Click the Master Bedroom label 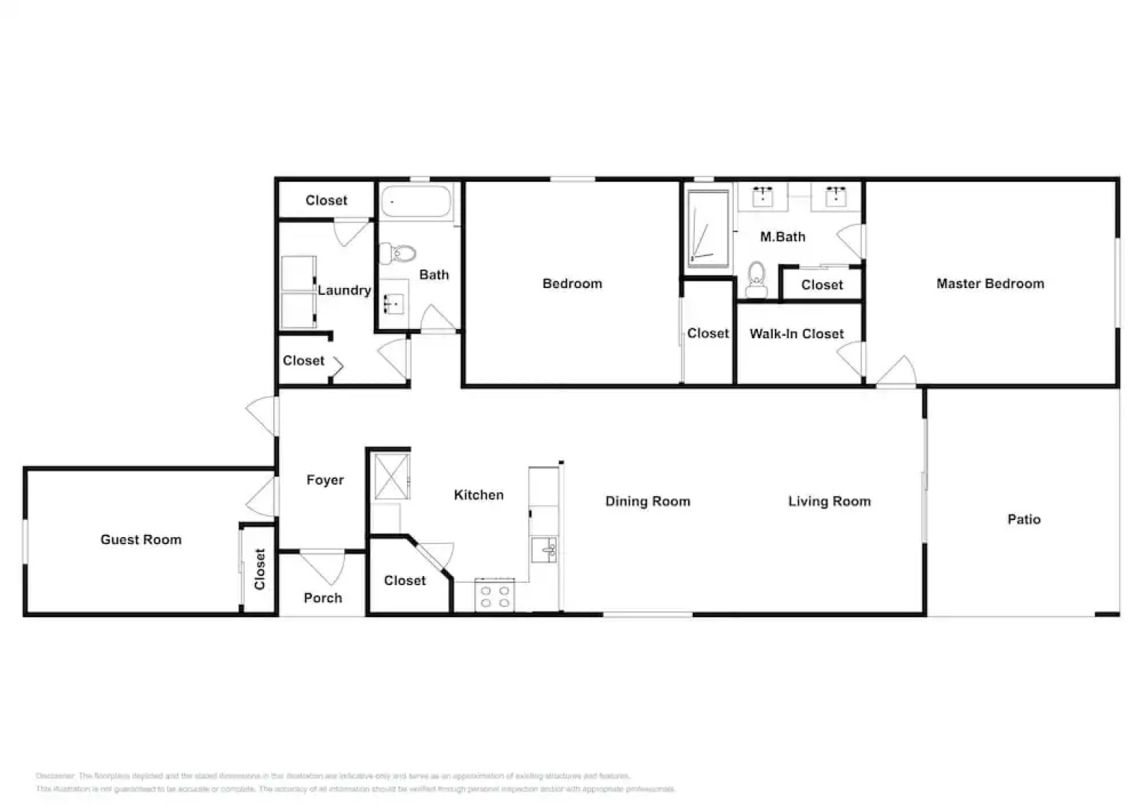point(990,284)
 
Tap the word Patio point(1023,519)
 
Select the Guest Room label point(141,539)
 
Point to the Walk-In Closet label point(796,334)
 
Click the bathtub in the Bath point(416,202)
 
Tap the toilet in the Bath point(399,254)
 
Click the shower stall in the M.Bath point(708,228)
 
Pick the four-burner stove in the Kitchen point(494,596)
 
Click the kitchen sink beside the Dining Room point(544,549)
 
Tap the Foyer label point(325,480)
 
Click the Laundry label point(344,290)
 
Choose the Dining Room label point(647,501)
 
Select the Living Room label point(829,501)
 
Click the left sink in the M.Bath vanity point(762,197)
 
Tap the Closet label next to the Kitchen point(405,581)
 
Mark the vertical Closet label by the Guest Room point(260,569)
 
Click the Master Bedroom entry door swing point(898,372)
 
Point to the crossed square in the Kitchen point(391,477)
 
